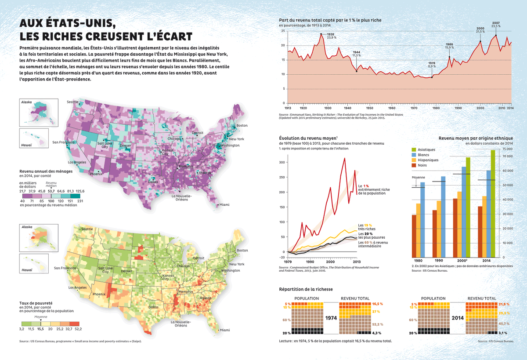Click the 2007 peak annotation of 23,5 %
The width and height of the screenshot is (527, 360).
[x=495, y=25]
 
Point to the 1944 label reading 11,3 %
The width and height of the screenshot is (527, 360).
[x=356, y=54]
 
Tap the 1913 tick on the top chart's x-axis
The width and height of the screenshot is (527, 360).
[x=288, y=107]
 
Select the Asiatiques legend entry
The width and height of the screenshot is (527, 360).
[x=426, y=149]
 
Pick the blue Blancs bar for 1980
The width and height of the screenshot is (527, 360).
[x=422, y=219]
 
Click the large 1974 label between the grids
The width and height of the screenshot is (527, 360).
[x=331, y=317]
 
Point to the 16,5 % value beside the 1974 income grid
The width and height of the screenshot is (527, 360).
[x=377, y=304]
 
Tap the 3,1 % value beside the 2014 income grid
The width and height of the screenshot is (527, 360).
[x=504, y=333]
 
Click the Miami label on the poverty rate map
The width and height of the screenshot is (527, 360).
[x=224, y=330]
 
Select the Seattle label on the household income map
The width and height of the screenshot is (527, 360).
[x=72, y=102]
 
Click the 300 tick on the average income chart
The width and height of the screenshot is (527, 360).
[x=282, y=162]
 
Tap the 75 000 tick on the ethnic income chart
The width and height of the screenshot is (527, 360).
[x=507, y=149]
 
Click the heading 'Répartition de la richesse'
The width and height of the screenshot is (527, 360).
[x=306, y=289]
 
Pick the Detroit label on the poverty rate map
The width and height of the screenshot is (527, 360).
[x=199, y=258]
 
